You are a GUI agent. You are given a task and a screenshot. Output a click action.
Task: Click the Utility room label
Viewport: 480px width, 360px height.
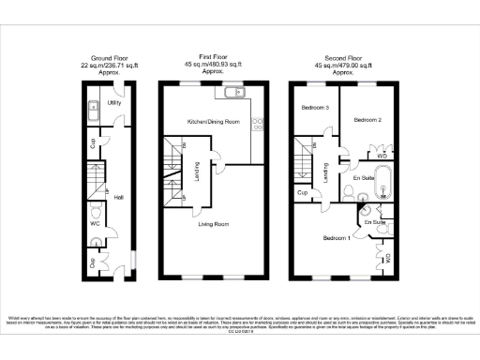click(114, 103)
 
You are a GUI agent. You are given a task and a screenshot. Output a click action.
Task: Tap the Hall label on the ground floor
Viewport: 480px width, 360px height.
click(119, 198)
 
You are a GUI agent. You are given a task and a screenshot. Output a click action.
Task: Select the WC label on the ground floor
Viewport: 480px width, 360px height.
click(94, 225)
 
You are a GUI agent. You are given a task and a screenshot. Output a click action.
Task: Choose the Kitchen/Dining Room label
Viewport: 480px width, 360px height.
click(213, 123)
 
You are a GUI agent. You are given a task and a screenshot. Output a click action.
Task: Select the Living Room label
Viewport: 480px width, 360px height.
click(213, 224)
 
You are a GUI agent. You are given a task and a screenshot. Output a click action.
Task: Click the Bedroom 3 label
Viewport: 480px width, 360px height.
click(314, 108)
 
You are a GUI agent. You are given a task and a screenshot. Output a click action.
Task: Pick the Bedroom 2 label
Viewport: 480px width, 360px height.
click(367, 120)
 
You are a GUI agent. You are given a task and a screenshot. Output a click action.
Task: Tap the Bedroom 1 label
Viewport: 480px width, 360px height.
click(337, 238)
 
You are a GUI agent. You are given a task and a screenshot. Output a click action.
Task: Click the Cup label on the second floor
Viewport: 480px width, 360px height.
click(303, 193)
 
